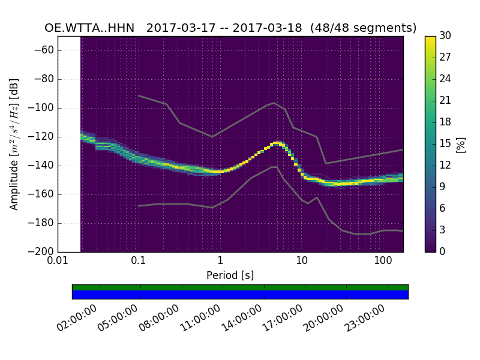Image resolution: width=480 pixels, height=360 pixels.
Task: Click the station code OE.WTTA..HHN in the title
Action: [x=89, y=28]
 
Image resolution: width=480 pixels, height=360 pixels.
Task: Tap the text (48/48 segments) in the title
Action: [x=368, y=28]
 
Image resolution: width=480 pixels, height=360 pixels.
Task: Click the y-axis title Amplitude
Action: [x=14, y=144]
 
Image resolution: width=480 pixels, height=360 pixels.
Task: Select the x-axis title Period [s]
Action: [x=230, y=275]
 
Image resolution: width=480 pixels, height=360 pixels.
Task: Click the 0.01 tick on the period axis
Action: [x=58, y=262]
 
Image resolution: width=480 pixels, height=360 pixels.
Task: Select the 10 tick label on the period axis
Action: [x=302, y=262]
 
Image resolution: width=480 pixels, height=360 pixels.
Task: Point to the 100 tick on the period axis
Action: [x=383, y=262]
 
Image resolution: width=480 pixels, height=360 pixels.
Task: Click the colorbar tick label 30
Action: [x=445, y=36]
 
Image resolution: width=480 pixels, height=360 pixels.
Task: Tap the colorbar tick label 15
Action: [x=445, y=143]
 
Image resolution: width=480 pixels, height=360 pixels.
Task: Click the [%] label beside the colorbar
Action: [x=461, y=144]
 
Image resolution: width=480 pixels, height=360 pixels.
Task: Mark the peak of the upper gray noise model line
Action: [x=274, y=103]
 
